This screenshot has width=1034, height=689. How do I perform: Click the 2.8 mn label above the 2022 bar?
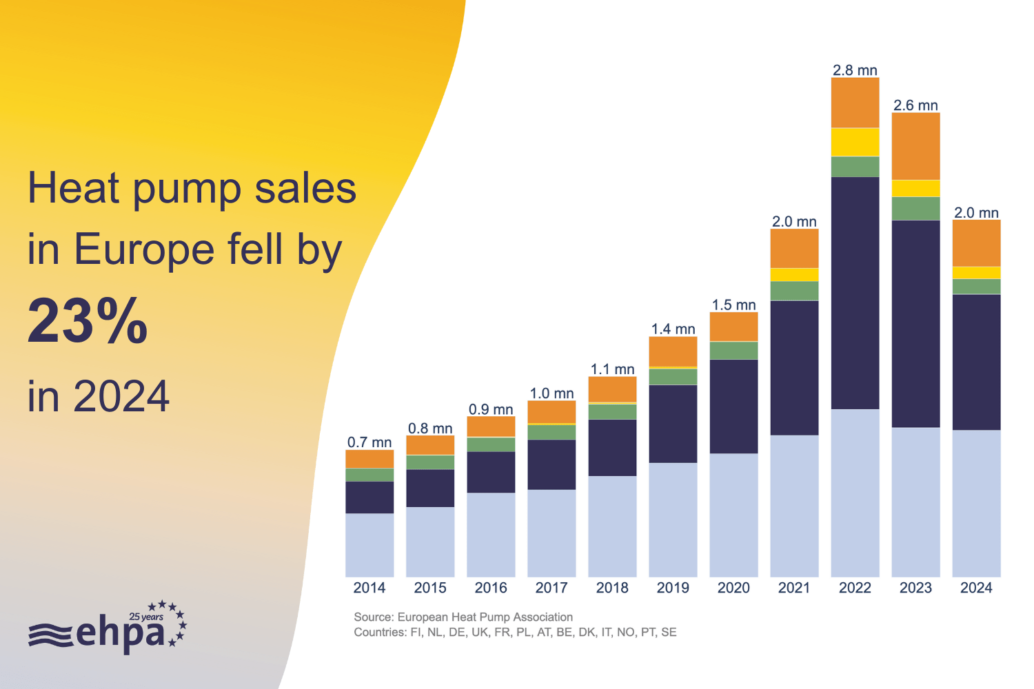855,70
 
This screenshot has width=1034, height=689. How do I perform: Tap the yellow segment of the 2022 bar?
855,142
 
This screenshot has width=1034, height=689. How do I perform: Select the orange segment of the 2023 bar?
915,146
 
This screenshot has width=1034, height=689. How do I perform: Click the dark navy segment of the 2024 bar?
976,362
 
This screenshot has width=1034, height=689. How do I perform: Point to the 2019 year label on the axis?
673,588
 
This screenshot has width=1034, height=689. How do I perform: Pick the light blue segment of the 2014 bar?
369,544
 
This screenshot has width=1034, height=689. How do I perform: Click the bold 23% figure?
88,321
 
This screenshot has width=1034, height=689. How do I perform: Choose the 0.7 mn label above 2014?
369,442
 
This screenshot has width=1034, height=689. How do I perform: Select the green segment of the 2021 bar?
794,291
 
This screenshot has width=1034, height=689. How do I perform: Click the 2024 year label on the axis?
976,588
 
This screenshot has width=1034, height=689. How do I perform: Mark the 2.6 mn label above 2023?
915,105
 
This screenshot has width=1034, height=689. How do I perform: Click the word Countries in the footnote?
379,633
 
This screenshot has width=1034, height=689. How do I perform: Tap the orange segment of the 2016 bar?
491,426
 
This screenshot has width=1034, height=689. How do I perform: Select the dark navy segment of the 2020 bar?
733,406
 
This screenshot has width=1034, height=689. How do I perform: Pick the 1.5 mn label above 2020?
733,305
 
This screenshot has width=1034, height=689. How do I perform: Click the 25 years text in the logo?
146,617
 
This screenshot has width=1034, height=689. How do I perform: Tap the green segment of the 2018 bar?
612,411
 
